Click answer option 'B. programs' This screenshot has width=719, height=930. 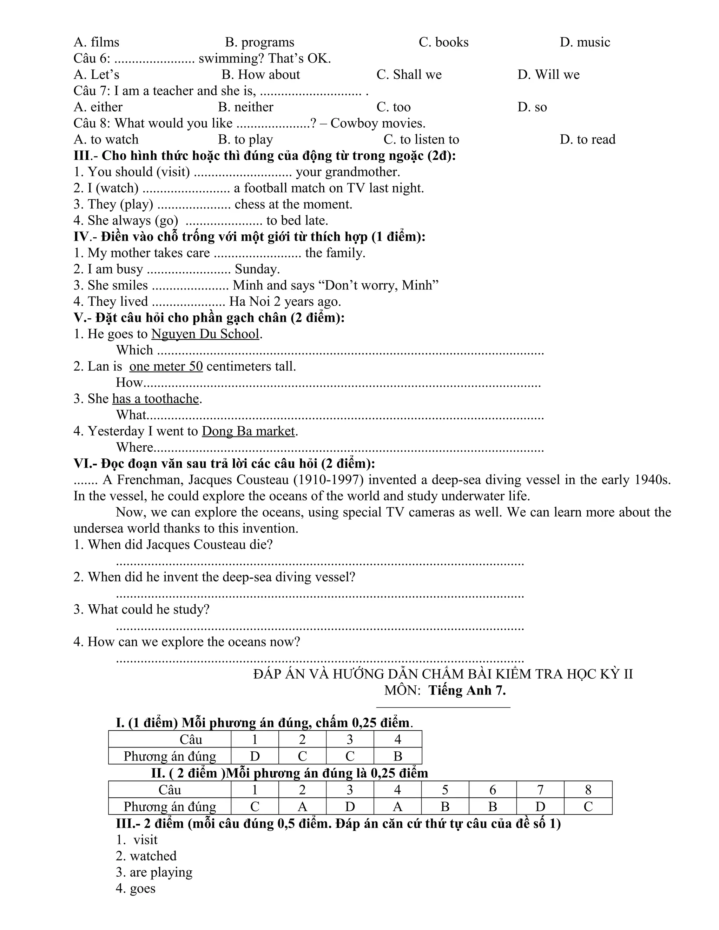[x=259, y=42]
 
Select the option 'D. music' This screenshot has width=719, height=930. [x=585, y=42]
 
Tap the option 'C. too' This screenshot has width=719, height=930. [x=393, y=107]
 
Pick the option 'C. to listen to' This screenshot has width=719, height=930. [x=421, y=139]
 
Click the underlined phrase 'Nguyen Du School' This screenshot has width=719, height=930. [x=205, y=334]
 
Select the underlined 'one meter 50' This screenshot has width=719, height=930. [x=166, y=366]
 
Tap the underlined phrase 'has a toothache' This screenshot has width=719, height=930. [x=156, y=399]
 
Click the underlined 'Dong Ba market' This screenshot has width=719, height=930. [x=248, y=431]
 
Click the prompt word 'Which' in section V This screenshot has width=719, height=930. [x=134, y=350]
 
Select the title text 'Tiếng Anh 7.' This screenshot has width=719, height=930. [x=467, y=690]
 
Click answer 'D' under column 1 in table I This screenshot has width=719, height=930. [x=255, y=756]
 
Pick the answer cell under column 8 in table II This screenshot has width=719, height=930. [x=588, y=806]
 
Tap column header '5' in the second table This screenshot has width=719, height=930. [x=445, y=790]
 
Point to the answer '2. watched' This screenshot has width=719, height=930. [x=146, y=856]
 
